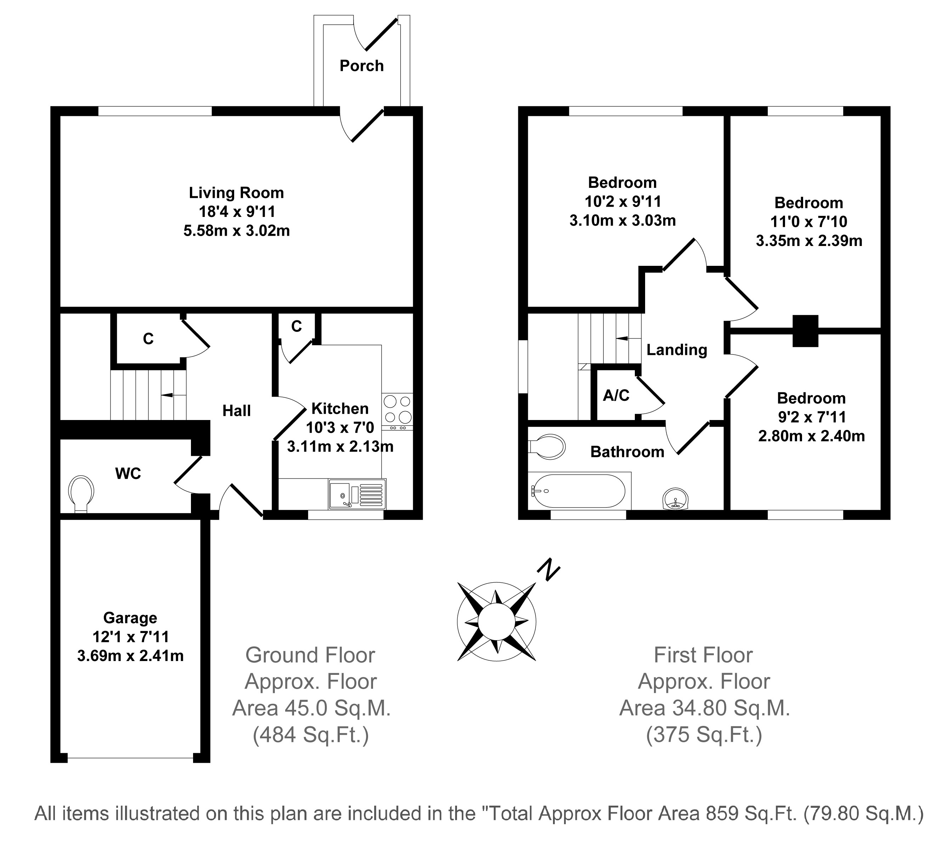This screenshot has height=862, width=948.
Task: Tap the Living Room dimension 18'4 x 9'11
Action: click(x=237, y=212)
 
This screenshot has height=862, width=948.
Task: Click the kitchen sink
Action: click(x=357, y=494)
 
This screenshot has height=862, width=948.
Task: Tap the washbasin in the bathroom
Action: click(x=675, y=499)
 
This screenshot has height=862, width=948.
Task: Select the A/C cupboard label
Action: click(x=616, y=396)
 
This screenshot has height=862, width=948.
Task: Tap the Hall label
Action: click(x=237, y=411)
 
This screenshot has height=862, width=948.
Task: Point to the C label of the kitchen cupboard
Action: click(x=296, y=326)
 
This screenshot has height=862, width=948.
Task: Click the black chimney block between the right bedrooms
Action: click(x=806, y=331)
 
